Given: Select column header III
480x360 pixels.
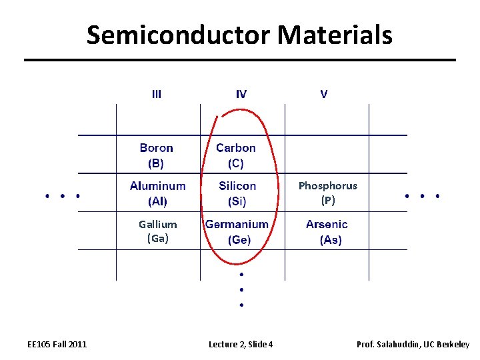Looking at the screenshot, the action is [x=156, y=94].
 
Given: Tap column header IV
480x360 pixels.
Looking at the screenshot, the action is [x=241, y=94].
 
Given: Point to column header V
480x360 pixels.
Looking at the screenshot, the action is [x=324, y=94].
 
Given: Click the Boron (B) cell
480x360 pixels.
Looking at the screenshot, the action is [x=157, y=155].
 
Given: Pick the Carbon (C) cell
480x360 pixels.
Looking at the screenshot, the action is [x=236, y=155].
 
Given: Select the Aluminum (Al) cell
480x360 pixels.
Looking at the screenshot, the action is [x=158, y=193].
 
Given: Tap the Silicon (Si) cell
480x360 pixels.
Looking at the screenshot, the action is [x=237, y=193].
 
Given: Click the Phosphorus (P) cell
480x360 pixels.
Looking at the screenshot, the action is [x=327, y=193].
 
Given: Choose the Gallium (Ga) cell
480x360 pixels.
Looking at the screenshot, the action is [x=158, y=231].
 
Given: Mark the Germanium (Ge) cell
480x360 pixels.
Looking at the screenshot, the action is [x=237, y=231].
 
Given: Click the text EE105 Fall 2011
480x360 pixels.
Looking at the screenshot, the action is [x=57, y=344].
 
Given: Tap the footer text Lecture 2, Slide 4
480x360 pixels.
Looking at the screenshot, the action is [x=241, y=344].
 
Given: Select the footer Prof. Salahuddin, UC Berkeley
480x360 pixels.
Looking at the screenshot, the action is [x=413, y=344].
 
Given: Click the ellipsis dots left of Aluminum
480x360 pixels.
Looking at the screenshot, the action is [x=63, y=196].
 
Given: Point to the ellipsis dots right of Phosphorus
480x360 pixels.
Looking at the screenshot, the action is [x=423, y=196].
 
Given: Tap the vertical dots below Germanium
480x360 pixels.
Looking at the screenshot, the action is [x=241, y=289].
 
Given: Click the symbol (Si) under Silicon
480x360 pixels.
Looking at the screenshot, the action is [x=237, y=201].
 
